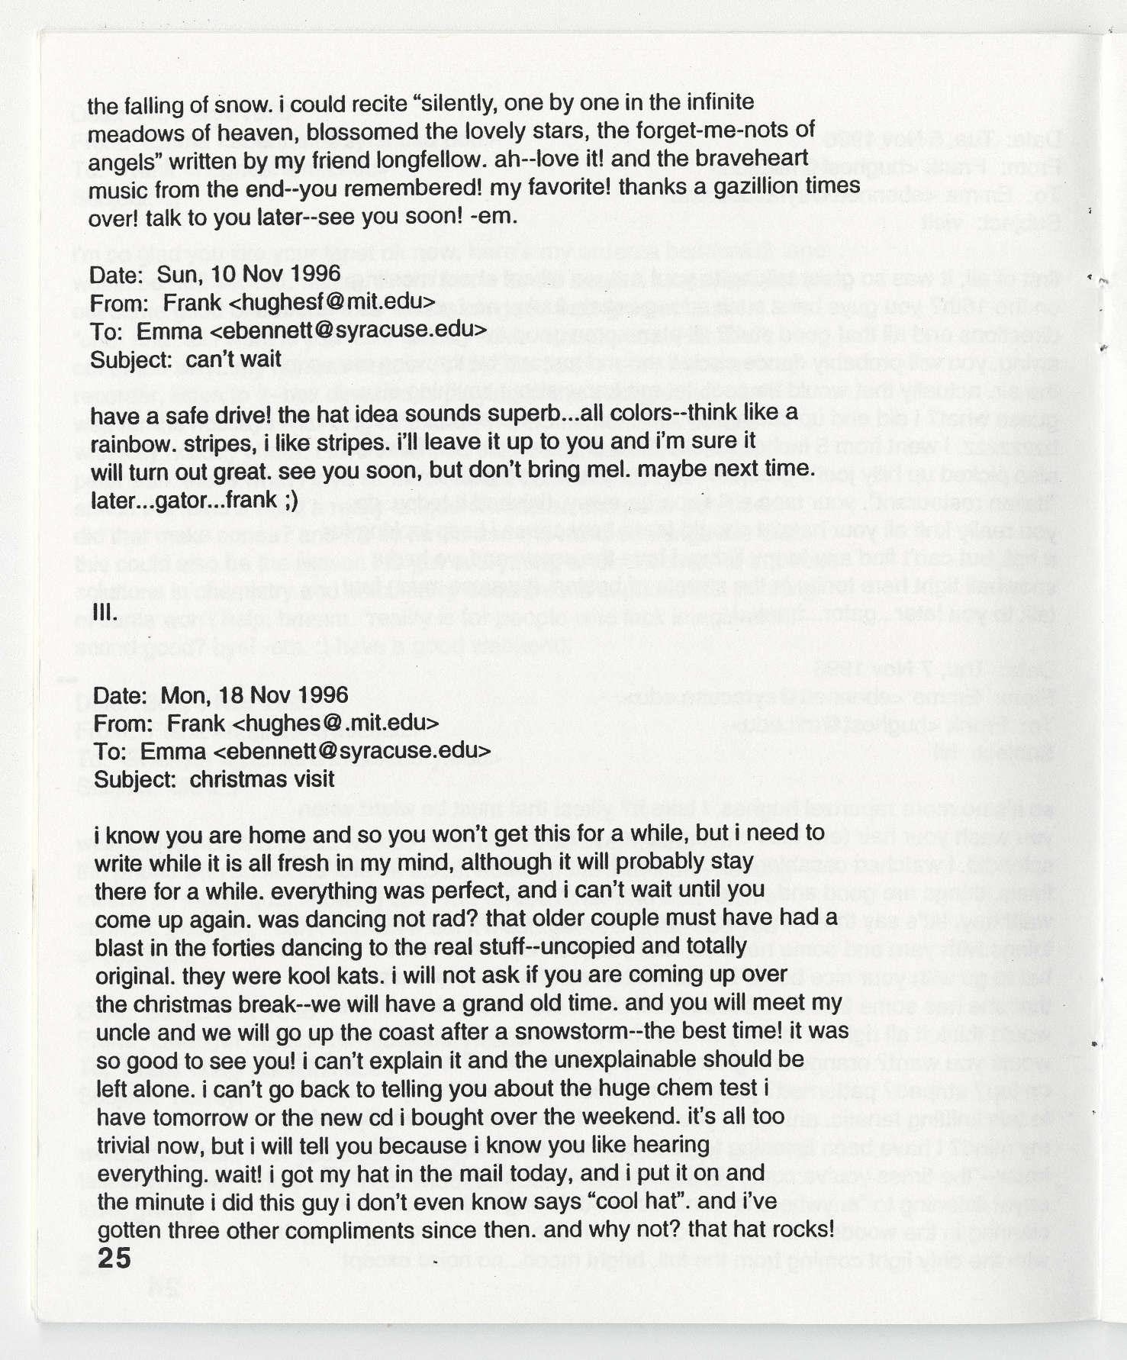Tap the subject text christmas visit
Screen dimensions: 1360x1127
pyautogui.click(x=262, y=779)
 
